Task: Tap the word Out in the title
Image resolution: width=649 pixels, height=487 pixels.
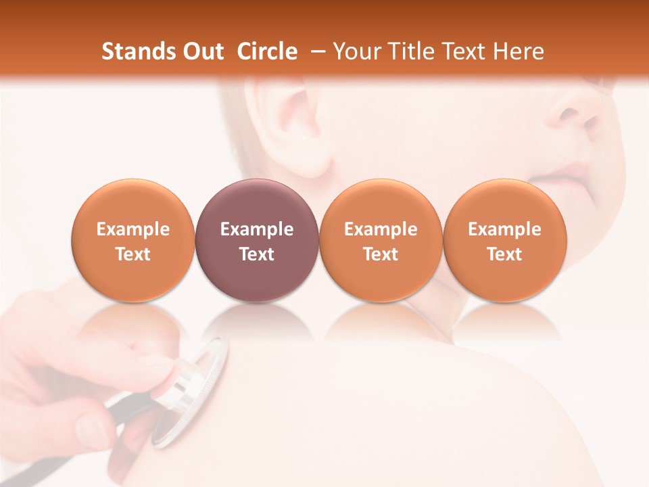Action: point(201,51)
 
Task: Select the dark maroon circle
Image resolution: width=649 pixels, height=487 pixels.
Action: point(256,240)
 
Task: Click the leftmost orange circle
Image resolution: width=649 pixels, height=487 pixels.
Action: point(133,240)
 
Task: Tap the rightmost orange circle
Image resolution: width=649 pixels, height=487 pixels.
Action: point(504,240)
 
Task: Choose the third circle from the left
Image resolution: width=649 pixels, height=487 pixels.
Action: point(381,240)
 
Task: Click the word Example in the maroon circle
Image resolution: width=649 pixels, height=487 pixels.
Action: point(256,229)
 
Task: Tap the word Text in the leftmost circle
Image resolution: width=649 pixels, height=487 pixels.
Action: point(133,254)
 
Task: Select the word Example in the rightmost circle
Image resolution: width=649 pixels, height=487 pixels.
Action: point(504,229)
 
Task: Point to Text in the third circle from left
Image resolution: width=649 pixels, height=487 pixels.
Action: point(381,254)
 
